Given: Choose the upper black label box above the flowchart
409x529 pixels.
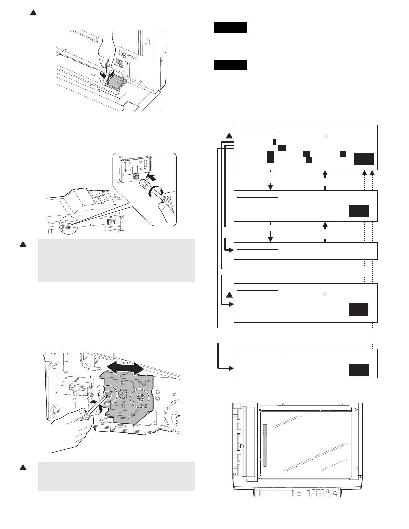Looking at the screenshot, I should pos(230,28).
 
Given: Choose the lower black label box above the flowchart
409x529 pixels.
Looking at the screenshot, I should pos(230,65).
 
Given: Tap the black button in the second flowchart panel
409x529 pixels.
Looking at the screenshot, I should pos(359,211).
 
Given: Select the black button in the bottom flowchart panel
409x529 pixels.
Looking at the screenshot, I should pos(359,370).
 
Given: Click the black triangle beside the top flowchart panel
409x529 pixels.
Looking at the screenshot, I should pos(229,136).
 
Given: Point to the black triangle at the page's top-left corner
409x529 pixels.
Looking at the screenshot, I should pos(33,13).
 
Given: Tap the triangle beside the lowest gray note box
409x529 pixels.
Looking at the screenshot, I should pos(23,467).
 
